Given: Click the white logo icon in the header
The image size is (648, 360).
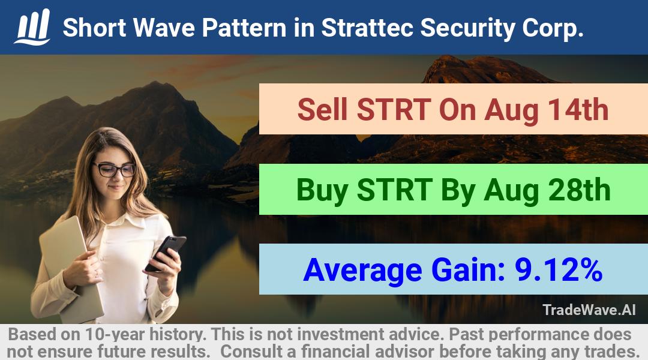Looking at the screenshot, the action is (32, 27).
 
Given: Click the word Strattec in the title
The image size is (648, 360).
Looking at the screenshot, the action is (367, 28).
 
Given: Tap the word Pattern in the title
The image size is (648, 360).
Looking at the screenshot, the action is (244, 28).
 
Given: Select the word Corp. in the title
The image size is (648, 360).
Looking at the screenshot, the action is (553, 29).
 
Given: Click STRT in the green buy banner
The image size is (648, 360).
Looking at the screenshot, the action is (395, 190).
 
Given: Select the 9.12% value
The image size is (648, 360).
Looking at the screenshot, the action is (559, 269).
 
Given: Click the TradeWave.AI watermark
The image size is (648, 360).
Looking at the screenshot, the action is (589, 310).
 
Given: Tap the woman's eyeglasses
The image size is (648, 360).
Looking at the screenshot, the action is (115, 169).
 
